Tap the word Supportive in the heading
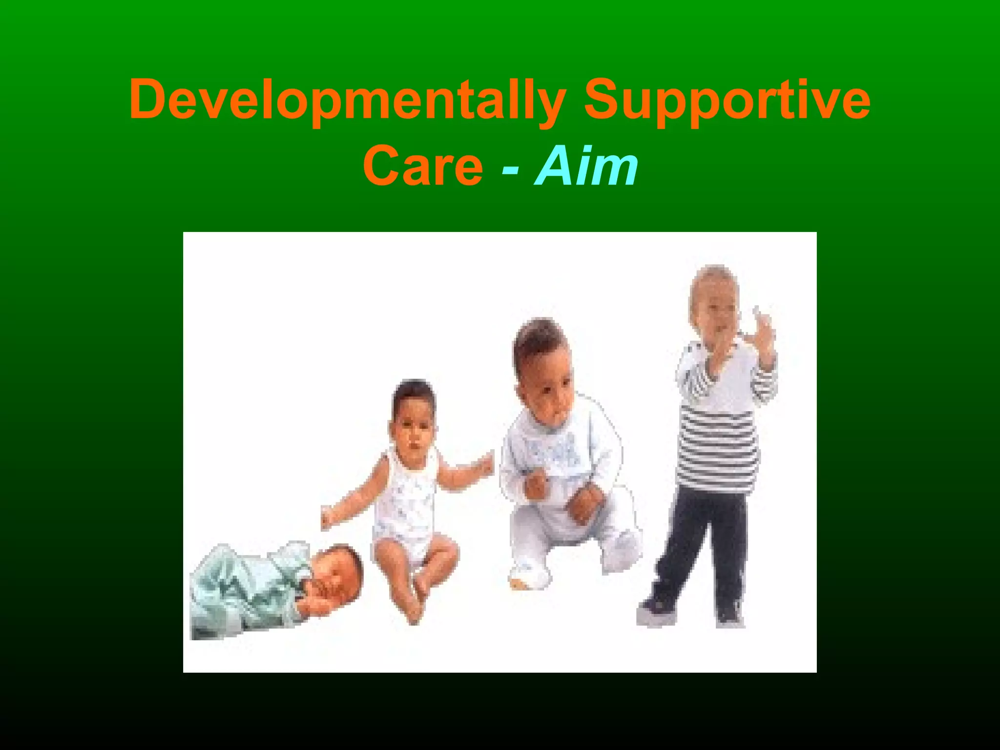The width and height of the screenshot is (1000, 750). [x=727, y=100]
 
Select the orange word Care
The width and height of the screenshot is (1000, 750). [x=423, y=166]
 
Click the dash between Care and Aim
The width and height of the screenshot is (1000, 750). [x=510, y=169]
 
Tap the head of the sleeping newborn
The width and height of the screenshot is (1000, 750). [x=337, y=571]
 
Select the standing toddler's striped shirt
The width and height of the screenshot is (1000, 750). [x=718, y=439]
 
